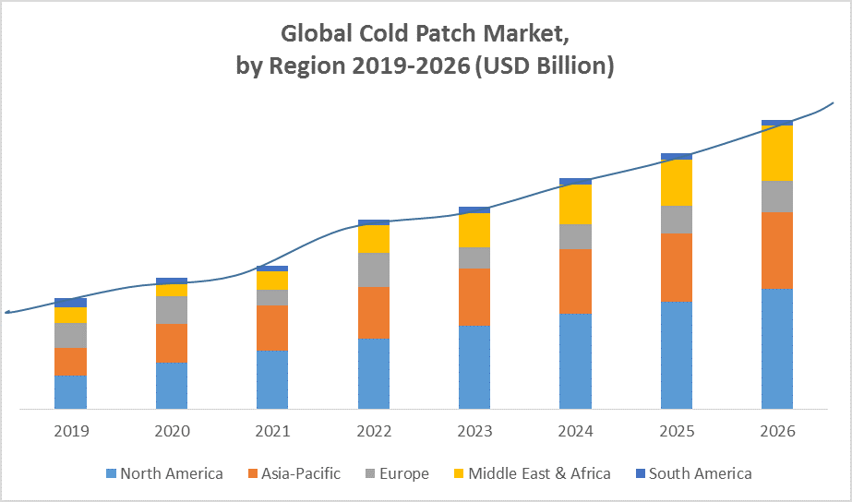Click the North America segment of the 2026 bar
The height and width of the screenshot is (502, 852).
(777, 349)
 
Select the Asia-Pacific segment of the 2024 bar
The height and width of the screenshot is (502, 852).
(575, 281)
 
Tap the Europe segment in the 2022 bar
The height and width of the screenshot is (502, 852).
(374, 269)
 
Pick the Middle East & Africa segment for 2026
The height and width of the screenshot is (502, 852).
(777, 152)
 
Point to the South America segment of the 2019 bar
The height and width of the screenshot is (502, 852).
(70, 303)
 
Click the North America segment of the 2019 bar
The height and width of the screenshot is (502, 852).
(70, 391)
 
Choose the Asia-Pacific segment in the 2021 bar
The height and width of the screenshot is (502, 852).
(272, 328)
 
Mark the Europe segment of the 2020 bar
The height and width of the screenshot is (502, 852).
(172, 310)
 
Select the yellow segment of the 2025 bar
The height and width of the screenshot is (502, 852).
(677, 183)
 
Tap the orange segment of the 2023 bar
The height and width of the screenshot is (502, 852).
(474, 297)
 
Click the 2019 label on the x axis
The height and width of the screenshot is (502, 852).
(70, 431)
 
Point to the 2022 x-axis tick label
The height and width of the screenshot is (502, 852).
(374, 431)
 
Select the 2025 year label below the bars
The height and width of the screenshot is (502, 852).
(677, 431)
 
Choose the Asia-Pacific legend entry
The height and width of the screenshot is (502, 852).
(293, 473)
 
